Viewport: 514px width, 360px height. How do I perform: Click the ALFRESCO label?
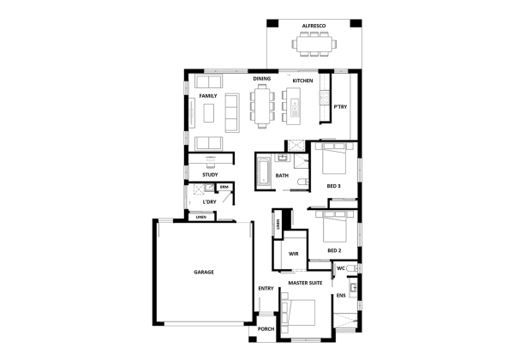(314, 26)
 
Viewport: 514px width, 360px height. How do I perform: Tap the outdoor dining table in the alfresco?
(314, 44)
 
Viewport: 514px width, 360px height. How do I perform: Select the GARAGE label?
(204, 272)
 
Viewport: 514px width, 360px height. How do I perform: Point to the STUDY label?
(210, 175)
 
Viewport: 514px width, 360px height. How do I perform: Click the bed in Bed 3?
(334, 159)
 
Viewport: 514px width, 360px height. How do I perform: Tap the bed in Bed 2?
(335, 227)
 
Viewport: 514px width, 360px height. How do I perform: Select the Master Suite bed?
(298, 313)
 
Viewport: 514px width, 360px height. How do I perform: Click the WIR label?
(293, 254)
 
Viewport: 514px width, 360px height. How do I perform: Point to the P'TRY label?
(340, 107)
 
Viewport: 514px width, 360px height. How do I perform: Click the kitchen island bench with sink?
(293, 106)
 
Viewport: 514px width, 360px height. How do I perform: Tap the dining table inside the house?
(263, 106)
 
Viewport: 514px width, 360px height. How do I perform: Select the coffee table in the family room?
(209, 113)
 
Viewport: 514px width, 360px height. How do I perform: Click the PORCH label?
(266, 329)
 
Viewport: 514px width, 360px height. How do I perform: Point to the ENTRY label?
(266, 289)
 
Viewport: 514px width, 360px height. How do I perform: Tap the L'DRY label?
(210, 202)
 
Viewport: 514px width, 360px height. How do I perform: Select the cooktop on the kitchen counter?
(325, 98)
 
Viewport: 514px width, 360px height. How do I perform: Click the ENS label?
(341, 296)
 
